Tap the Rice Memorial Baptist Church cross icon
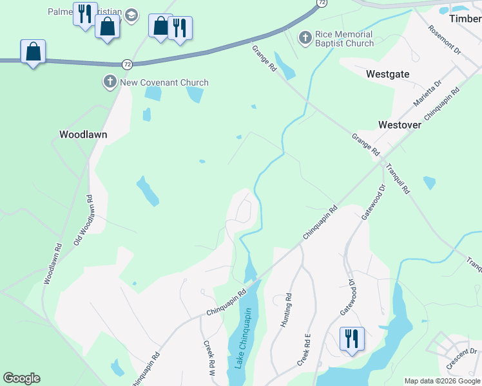point(305,39)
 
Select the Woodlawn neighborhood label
point(83,135)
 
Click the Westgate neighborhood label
point(387,74)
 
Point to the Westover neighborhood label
point(400,125)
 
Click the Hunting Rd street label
point(286,311)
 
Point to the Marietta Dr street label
point(428,93)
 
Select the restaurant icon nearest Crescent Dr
point(352,338)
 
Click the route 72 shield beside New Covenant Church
point(128,64)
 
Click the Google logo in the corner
point(21,378)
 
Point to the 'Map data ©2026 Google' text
point(442,381)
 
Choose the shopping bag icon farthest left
point(34,51)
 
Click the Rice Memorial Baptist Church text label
point(344,39)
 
